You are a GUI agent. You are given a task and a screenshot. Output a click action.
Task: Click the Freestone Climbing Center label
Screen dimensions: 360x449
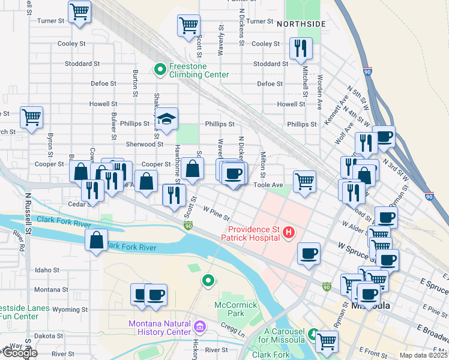coord(199,70)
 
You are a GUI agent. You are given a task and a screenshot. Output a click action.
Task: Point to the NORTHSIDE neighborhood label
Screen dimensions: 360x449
coord(301,24)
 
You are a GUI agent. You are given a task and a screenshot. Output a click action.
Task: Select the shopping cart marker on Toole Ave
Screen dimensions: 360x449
coord(305,180)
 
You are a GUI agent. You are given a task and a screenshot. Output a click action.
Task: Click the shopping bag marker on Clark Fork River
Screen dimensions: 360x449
coord(97,240)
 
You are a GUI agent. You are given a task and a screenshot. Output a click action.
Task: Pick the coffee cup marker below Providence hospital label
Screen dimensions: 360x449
coord(309,254)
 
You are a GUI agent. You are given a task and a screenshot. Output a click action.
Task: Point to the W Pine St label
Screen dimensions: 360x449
coord(217,211)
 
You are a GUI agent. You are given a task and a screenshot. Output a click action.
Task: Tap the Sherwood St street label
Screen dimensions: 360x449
coord(144,144)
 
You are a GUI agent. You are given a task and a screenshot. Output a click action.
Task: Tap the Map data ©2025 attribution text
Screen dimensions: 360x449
coord(423,355)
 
